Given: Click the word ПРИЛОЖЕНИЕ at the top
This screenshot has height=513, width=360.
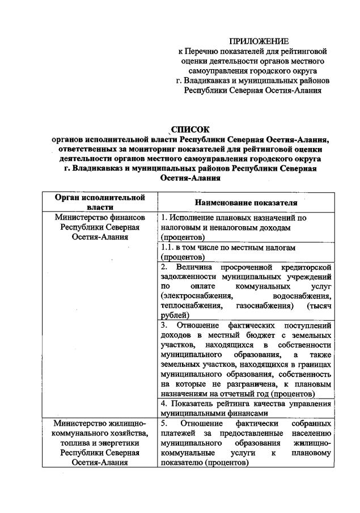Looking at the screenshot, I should pos(259,41).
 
